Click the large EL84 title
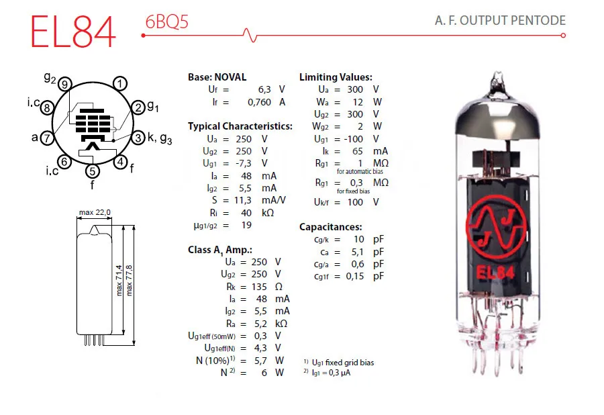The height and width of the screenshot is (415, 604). point(72,31)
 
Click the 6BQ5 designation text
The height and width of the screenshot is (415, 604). point(166,22)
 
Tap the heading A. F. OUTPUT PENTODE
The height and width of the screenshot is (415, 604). point(500,21)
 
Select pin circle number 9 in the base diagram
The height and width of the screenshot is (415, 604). point(64,84)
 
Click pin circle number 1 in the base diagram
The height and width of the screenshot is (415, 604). point(119,84)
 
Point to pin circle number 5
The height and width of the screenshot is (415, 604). point(92,172)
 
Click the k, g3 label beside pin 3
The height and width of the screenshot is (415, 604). point(160,139)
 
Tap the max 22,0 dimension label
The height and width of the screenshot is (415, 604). point(95,213)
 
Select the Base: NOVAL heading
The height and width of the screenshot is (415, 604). point(217,77)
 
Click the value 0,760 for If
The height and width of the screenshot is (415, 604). point(259,102)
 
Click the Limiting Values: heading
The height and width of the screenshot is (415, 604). point(336,77)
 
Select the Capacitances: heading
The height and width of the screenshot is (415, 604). point(330,227)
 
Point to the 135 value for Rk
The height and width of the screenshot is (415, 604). point(258,286)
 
